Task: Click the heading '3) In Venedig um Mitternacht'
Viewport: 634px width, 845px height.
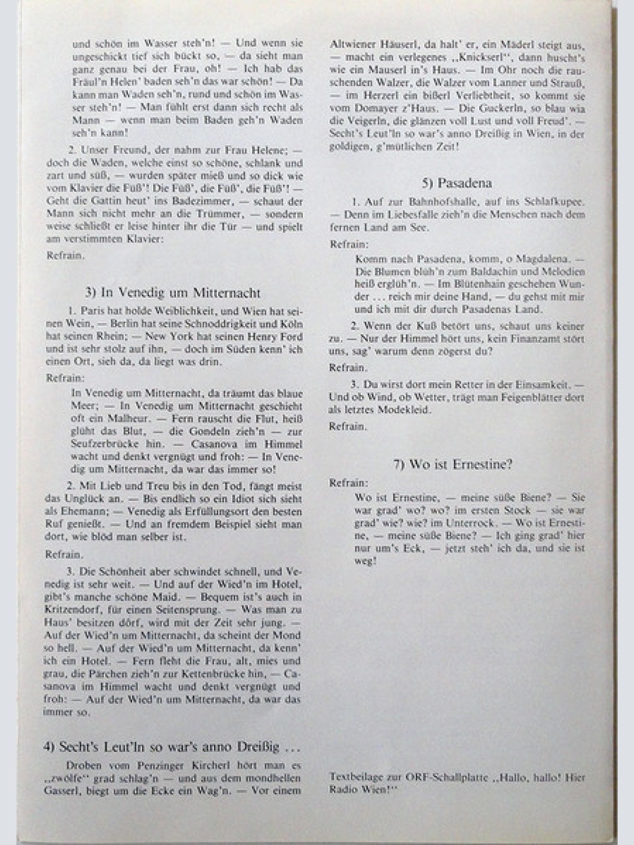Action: point(173,293)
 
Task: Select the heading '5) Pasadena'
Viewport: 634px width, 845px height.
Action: point(457,183)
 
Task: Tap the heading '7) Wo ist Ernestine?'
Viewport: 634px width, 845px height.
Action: point(453,464)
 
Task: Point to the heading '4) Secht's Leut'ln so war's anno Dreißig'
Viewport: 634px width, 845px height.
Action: point(172,747)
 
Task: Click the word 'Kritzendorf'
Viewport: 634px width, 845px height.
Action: point(71,610)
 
